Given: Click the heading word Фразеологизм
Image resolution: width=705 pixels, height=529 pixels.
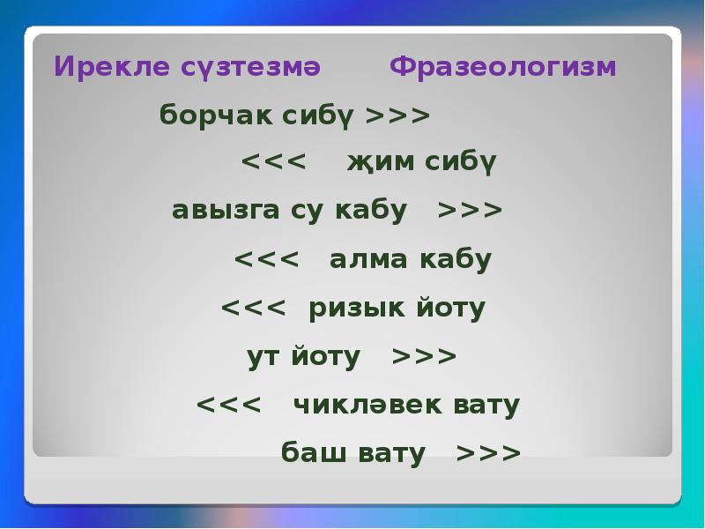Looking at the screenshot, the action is (x=502, y=68).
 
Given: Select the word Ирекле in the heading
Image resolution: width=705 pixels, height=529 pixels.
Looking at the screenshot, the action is (x=112, y=67).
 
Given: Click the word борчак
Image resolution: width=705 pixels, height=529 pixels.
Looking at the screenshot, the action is (x=215, y=115).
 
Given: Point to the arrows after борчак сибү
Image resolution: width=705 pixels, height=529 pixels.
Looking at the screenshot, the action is (x=398, y=115).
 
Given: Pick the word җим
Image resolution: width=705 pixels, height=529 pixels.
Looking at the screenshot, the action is (x=381, y=161).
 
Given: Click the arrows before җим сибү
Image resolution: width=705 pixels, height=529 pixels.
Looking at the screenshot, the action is (x=273, y=161).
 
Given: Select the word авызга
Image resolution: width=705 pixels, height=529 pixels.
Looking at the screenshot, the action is (x=226, y=211).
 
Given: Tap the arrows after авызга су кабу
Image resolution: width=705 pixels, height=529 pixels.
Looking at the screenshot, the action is (x=470, y=210).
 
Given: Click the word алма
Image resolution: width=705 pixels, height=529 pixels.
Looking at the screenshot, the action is (x=368, y=259).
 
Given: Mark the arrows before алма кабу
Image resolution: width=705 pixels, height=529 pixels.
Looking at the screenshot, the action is (x=267, y=259).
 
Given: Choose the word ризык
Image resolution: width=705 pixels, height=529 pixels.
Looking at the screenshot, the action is (x=357, y=309).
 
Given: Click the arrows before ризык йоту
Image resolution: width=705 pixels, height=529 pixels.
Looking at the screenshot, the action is (x=253, y=308).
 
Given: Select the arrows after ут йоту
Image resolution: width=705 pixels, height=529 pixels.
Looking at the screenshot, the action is (x=424, y=357).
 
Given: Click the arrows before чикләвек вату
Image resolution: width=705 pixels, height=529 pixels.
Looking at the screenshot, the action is (x=228, y=405).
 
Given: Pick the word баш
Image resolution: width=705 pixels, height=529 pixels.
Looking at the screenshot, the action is (x=314, y=452).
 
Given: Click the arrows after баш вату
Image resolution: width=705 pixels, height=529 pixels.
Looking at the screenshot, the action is (x=489, y=453).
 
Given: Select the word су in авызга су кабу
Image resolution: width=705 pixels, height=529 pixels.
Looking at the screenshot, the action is (x=307, y=212).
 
